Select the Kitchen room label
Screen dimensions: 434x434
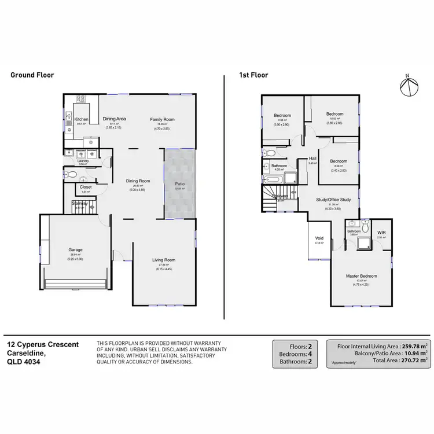tap(81, 119)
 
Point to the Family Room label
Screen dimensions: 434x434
tap(163, 119)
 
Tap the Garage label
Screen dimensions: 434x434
tap(76, 250)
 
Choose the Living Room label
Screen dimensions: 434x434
tap(164, 260)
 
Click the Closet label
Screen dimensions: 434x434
tap(86, 187)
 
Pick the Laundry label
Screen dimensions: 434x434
tap(82, 161)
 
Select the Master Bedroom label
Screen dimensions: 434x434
tap(361, 275)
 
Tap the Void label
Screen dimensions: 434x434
tap(319, 238)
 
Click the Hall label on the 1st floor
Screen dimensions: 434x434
tap(312, 158)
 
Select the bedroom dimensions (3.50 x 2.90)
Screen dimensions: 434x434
tap(282, 125)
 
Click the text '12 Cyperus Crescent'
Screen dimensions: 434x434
tap(43, 344)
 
